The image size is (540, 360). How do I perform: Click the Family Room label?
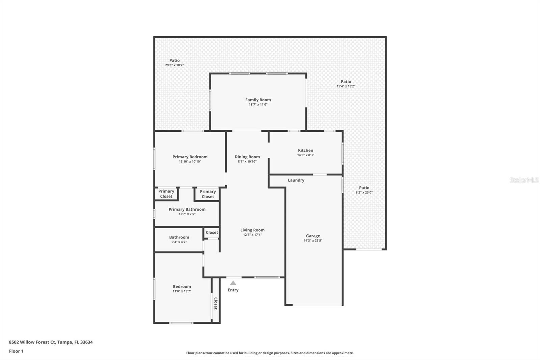(x=258, y=100)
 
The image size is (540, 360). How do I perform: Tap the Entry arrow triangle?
(x=233, y=283)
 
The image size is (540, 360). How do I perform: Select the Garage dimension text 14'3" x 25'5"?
(x=313, y=241)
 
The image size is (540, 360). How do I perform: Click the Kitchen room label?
(x=305, y=150)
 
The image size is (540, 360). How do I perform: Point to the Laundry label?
(x=296, y=180)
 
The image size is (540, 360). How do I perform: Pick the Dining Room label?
(x=247, y=157)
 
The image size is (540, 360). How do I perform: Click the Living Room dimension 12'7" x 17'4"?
(x=252, y=235)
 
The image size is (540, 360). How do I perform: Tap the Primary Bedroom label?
(x=190, y=157)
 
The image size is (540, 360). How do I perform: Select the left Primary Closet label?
(x=166, y=194)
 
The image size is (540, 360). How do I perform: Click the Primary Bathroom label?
(x=187, y=209)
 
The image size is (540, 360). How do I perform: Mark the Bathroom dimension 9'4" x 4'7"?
(x=179, y=242)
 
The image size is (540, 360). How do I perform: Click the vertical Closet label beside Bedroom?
(x=216, y=303)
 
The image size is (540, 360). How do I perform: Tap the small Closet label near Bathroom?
(x=212, y=232)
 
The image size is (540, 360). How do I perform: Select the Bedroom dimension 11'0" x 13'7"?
(x=182, y=291)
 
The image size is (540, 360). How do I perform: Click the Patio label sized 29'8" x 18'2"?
(x=174, y=60)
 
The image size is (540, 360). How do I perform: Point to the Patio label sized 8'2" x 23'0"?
(x=364, y=188)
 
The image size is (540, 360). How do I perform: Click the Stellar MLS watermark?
(x=524, y=180)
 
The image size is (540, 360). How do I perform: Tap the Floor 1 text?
(x=16, y=351)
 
